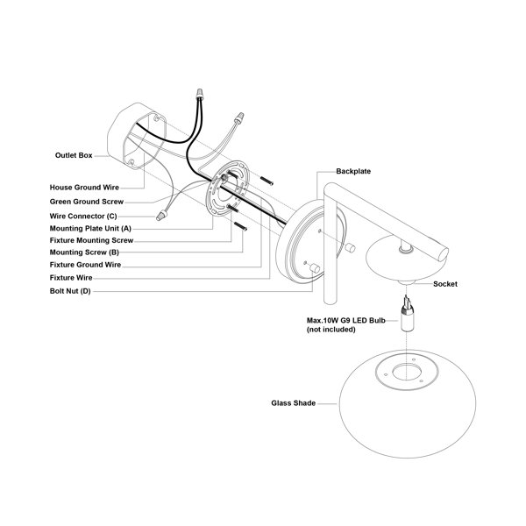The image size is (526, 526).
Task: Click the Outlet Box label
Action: (73, 155)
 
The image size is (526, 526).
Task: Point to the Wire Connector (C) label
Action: (83, 215)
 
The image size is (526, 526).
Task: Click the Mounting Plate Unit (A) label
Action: (90, 227)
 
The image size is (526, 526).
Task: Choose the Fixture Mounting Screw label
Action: (91, 239)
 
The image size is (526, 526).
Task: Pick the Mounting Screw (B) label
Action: (84, 252)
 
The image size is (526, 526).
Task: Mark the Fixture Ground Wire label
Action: (85, 264)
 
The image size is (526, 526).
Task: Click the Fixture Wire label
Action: (71, 277)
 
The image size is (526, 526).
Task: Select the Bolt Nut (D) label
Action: (69, 290)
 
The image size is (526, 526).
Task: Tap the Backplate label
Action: (353, 172)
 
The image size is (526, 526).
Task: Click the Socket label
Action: (444, 284)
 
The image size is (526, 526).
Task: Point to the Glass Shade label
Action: (294, 404)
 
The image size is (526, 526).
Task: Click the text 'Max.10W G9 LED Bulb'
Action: (345, 320)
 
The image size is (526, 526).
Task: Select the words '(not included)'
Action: (331, 330)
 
